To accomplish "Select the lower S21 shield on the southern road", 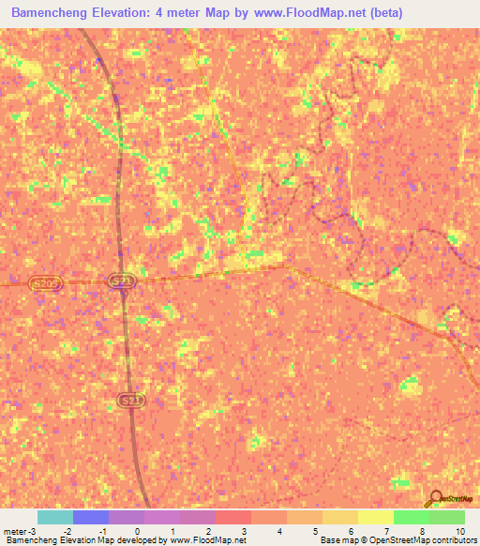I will pyautogui.click(x=132, y=401).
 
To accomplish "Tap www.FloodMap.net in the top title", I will pyautogui.click(x=307, y=13).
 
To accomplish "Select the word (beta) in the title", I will pyautogui.click(x=394, y=13).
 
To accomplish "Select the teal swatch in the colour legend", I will pyautogui.click(x=55, y=517).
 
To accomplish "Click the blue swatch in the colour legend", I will pyautogui.click(x=91, y=517).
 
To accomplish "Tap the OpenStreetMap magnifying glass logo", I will pyautogui.click(x=434, y=499).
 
